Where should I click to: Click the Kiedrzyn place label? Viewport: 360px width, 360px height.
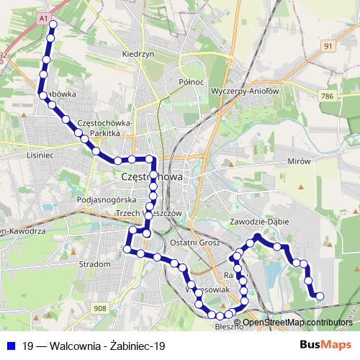coord(139,54)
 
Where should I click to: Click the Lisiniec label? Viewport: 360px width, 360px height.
coord(40,155)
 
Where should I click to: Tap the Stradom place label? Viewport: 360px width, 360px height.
coord(95,264)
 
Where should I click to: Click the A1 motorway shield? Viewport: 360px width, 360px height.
coord(44,16)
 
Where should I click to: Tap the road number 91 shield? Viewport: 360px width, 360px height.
coord(328,45)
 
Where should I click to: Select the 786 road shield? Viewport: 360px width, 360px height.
coord(328,95)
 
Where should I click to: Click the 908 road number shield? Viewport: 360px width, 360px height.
coord(100,308)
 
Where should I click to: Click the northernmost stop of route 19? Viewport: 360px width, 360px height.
coord(52,24)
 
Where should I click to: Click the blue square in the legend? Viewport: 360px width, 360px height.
coord(10,346)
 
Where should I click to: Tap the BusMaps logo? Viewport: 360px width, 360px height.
coord(326,345)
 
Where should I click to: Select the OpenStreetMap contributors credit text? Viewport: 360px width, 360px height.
coord(297,322)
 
